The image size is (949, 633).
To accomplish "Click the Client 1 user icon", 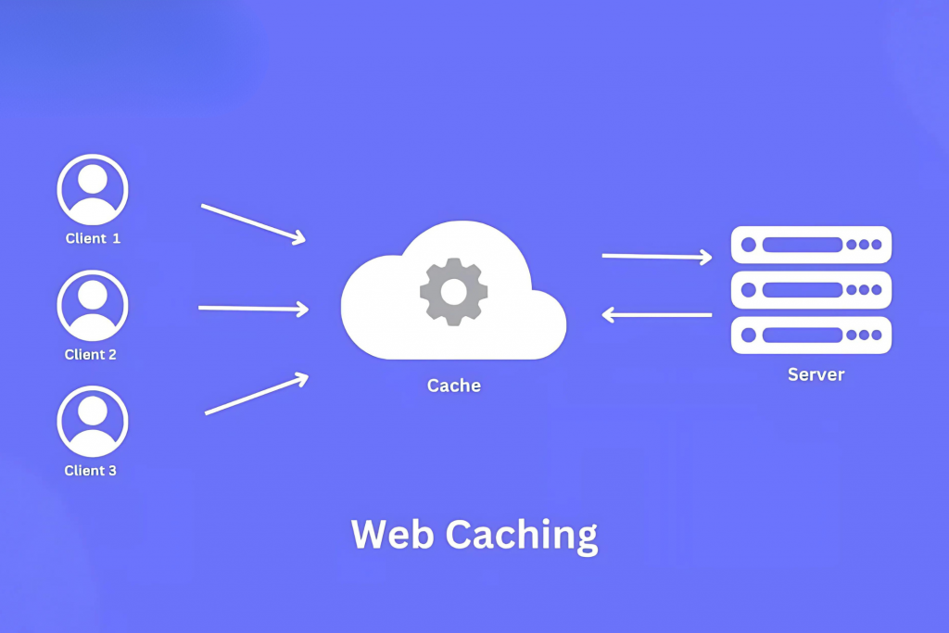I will coord(93,189).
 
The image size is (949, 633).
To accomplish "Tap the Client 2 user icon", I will coord(93,305).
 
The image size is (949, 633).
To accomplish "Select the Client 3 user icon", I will coord(93,421).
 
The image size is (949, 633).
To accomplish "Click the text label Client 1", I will coord(93,238).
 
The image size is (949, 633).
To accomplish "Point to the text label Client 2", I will coord(91,354).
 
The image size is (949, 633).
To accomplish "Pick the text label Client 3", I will coord(91,470).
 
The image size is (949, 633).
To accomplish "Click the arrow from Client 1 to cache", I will coord(253,223).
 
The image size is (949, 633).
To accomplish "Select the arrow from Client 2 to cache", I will coord(253,308).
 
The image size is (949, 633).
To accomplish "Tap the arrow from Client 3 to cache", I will coord(256,394).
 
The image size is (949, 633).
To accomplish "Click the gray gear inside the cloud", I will coord(453,292).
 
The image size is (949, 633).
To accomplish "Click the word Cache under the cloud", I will coord(454,385).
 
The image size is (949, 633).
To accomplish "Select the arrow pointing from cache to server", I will coord(657,256).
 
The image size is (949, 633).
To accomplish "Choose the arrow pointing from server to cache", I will coord(657,315).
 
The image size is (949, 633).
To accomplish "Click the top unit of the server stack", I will coord(811,245).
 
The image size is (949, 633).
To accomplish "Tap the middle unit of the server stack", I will coord(811,290).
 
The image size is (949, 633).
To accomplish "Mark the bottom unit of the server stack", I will coord(811,335).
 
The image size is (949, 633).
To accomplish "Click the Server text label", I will coord(816,374).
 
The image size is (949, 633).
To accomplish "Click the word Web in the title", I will coord(391,536).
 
